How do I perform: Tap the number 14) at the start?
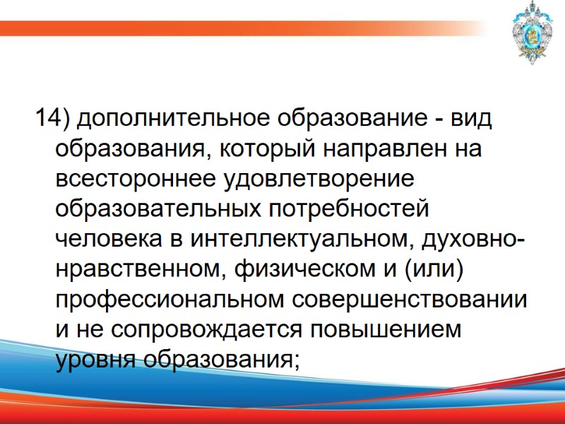click(52, 119)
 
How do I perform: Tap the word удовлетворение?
click(317, 179)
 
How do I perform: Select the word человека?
click(109, 240)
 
